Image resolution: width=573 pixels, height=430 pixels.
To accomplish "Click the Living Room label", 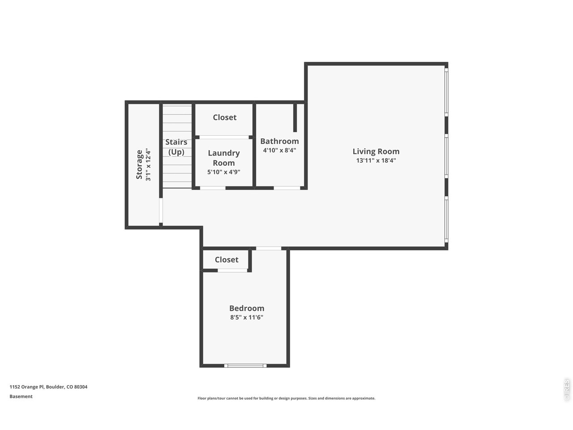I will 376,151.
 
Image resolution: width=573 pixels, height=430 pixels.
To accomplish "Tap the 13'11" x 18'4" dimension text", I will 376,161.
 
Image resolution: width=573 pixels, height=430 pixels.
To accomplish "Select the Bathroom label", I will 279,142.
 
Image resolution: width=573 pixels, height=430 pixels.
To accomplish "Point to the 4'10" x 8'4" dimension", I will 279,150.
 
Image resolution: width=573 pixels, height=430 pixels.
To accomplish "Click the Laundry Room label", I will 223,158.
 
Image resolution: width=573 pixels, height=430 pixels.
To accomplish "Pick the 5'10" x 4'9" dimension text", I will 223,172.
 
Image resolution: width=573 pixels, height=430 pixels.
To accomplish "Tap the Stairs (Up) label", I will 176,147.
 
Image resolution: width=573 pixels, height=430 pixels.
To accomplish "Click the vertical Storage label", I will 139,164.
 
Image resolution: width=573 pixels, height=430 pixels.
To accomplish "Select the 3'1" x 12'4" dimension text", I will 148,164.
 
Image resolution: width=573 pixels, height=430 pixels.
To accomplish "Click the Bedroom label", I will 247,308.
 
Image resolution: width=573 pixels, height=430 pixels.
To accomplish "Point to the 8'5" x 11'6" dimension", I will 247,318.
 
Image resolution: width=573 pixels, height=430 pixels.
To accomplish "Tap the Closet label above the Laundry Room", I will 224,117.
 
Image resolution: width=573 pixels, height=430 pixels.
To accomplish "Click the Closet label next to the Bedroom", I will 227,260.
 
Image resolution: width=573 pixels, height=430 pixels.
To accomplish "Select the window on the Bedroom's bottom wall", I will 245,366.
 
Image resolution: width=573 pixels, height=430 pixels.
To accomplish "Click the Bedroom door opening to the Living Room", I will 269,248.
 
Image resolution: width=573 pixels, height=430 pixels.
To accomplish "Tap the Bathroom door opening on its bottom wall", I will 287,188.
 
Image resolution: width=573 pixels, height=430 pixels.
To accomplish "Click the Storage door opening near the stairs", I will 161,211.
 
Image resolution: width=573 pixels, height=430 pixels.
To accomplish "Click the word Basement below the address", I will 21,396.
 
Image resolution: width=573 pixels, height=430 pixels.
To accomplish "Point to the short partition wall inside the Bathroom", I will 295,118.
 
